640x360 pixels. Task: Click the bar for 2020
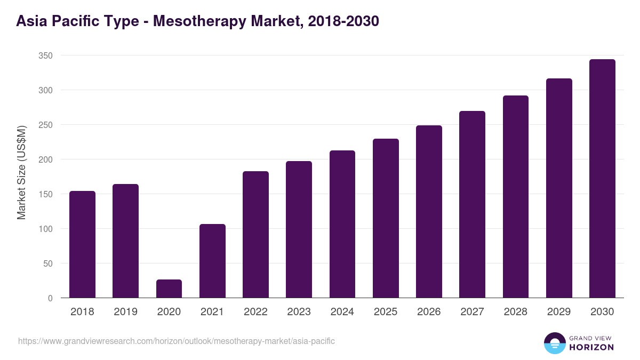(x=169, y=289)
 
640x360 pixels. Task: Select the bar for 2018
(x=82, y=244)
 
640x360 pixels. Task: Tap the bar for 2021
(x=212, y=261)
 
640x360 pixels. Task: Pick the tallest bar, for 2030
(x=602, y=179)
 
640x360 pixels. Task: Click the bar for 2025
(x=386, y=218)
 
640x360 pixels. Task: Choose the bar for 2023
(x=299, y=229)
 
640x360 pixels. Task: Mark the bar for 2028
(x=516, y=197)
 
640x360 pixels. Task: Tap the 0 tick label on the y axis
(x=50, y=298)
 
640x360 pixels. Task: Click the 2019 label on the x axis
(x=125, y=312)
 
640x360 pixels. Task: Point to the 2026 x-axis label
(x=429, y=312)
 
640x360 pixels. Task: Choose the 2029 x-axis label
(x=559, y=312)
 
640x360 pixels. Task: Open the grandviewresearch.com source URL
(x=177, y=341)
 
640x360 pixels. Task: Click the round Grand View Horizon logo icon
(x=554, y=343)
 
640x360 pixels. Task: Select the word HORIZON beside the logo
(x=591, y=347)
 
